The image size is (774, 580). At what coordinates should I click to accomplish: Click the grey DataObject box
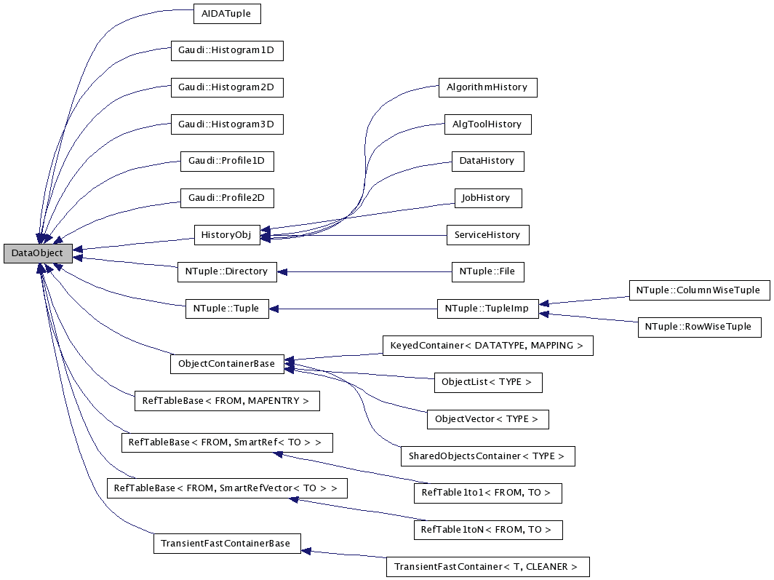(x=37, y=253)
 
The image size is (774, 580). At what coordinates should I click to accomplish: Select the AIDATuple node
(x=227, y=14)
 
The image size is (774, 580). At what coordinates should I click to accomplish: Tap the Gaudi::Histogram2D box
(x=226, y=87)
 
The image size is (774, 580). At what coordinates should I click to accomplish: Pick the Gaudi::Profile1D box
(x=227, y=161)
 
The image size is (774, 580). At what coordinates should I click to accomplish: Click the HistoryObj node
(x=227, y=234)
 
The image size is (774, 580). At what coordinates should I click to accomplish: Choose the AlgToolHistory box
(x=487, y=124)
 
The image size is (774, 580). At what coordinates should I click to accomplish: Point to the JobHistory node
(x=487, y=198)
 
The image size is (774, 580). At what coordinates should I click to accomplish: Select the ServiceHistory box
(x=487, y=235)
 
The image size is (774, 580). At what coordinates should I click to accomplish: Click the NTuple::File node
(x=487, y=271)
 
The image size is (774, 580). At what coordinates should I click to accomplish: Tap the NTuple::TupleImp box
(x=487, y=309)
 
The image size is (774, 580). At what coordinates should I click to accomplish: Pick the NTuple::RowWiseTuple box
(x=698, y=327)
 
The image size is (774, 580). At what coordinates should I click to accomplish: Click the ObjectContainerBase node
(x=226, y=364)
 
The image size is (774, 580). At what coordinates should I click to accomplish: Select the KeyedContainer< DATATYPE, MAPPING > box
(x=487, y=346)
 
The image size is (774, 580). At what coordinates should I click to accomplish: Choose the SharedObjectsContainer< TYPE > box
(x=487, y=456)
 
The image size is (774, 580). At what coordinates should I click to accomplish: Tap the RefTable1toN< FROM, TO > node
(x=487, y=530)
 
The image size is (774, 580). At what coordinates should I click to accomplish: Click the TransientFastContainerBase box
(x=227, y=544)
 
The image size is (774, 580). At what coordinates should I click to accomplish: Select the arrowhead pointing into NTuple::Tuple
(x=274, y=309)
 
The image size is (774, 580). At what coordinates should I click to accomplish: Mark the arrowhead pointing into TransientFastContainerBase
(x=306, y=551)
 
